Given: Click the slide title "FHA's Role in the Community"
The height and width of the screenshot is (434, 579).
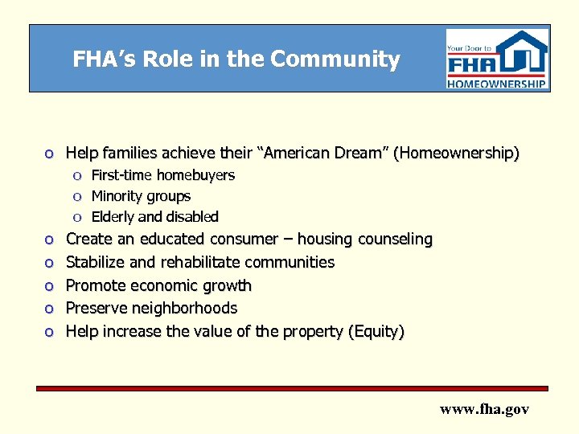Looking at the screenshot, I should (236, 59).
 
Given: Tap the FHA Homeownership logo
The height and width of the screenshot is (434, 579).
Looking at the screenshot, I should (497, 59).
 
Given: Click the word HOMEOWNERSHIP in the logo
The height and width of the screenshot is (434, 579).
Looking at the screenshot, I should (497, 83).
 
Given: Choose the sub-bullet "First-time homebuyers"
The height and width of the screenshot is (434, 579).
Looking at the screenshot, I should (162, 175).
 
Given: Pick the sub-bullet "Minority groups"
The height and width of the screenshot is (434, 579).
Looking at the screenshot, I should (141, 196).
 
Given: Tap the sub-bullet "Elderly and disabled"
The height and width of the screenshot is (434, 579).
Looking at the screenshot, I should (154, 217).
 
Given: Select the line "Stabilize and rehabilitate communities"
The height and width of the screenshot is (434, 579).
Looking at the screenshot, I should (199, 262).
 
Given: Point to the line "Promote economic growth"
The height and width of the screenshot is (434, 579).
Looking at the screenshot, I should (158, 285).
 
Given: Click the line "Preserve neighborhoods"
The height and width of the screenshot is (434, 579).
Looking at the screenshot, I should (151, 308).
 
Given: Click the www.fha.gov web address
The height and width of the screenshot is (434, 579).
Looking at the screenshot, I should (484, 409).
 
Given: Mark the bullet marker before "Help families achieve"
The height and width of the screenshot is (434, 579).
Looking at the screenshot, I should (49, 154).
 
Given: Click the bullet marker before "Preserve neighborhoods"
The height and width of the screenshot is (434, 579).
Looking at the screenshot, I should (49, 309).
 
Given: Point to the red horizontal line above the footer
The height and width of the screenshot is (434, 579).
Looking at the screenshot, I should (293, 389).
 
